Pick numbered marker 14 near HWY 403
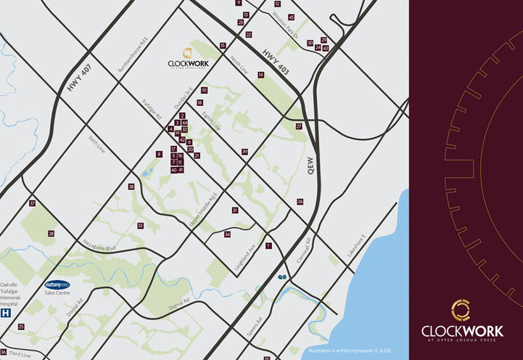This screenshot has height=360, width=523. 260,75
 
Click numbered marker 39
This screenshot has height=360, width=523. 245,152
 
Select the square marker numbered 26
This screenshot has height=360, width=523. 300,202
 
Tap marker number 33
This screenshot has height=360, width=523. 140,226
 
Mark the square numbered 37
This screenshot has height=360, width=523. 32,203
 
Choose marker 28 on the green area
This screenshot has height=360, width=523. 51,234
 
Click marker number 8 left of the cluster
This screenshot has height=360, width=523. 159,154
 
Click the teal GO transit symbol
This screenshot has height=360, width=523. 281,277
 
